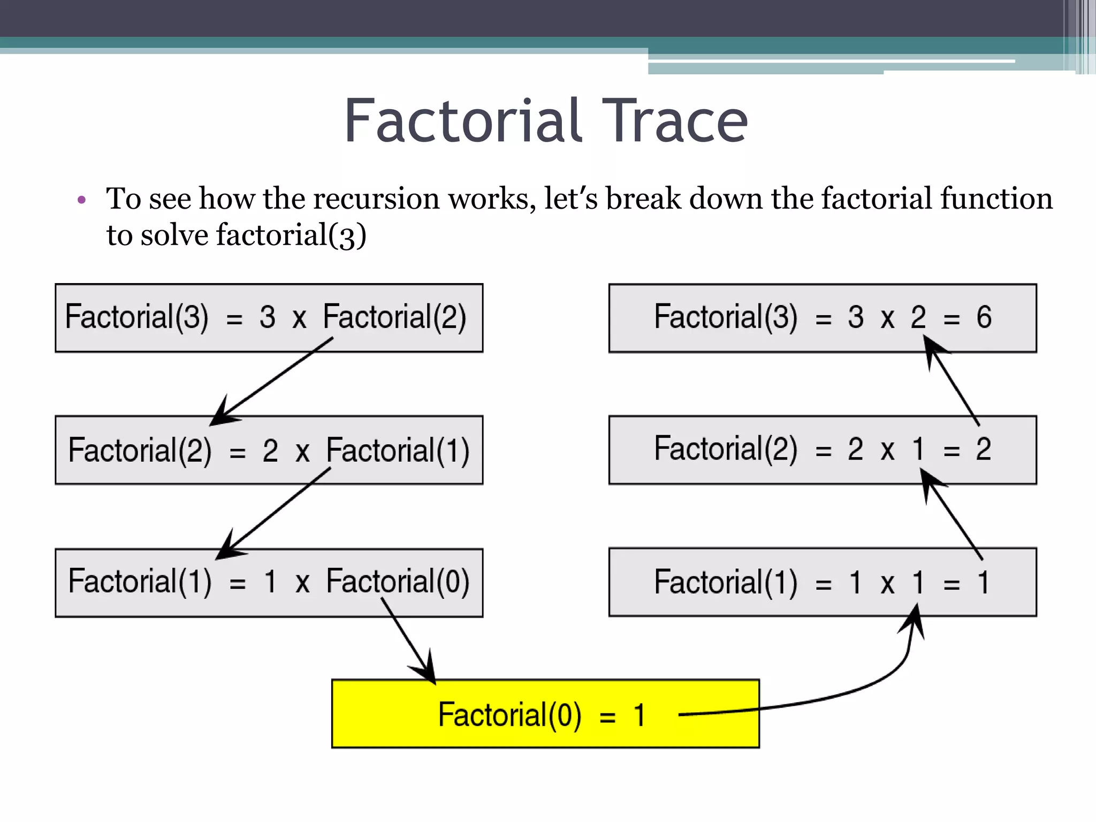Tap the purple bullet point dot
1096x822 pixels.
pyautogui.click(x=81, y=200)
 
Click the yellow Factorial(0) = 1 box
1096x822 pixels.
pyautogui.click(x=545, y=714)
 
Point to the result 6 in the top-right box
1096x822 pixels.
pyautogui.click(x=984, y=317)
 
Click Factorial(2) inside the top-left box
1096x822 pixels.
pyautogui.click(x=394, y=317)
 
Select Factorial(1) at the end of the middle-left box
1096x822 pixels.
pyautogui.click(x=398, y=450)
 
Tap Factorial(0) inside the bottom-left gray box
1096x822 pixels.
pyautogui.click(x=398, y=582)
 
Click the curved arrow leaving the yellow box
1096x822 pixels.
pyautogui.click(x=856, y=690)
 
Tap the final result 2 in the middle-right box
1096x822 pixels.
pyautogui.click(x=983, y=450)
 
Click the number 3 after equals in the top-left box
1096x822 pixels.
pyautogui.click(x=267, y=317)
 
